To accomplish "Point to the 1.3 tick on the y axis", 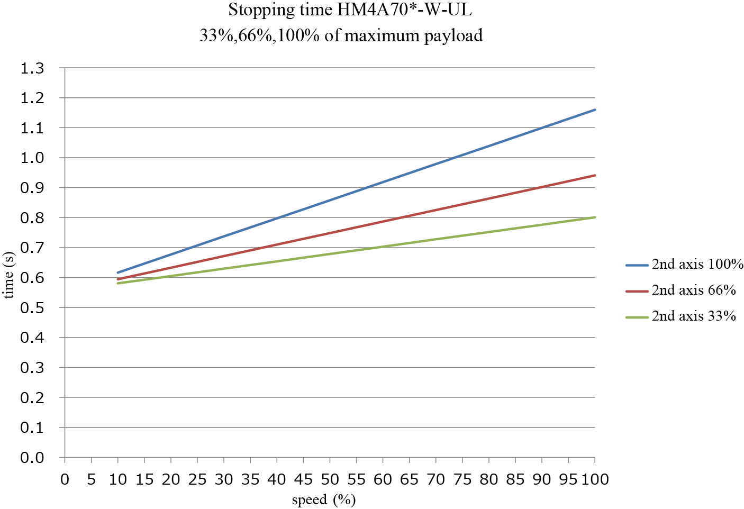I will tap(32, 68).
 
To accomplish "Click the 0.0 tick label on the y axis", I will tap(32, 458).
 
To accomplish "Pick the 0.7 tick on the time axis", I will tap(32, 248).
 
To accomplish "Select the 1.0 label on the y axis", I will tap(32, 158).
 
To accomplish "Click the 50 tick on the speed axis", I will tap(330, 479).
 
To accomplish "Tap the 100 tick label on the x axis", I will tap(595, 479).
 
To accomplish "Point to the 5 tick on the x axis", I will tap(91, 479).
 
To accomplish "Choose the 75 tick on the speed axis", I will tap(462, 479).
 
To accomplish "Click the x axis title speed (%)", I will tap(323, 499).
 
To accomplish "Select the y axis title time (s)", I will tap(9, 275).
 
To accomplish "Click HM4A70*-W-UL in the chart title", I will tap(404, 10).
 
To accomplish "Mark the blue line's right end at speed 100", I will tap(595, 110).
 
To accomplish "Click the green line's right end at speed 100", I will tap(595, 217).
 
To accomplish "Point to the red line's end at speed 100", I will tap(595, 175).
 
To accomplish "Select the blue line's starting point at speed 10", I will tap(118, 272).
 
